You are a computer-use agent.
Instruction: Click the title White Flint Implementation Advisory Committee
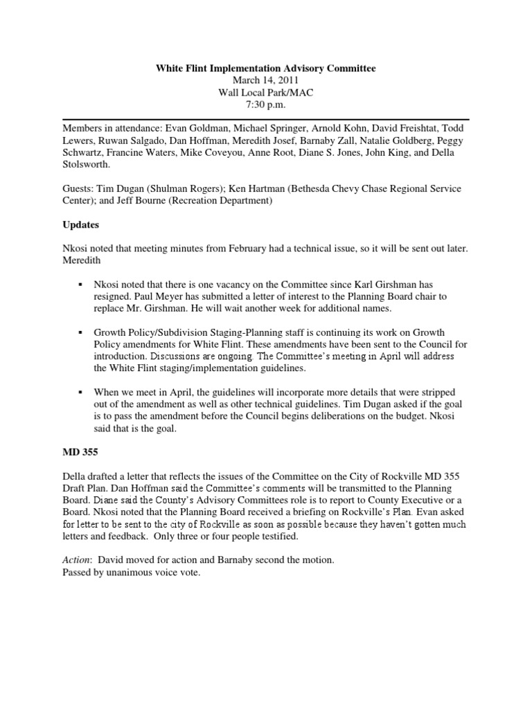pyautogui.click(x=265, y=69)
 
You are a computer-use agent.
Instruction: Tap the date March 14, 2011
pyautogui.click(x=265, y=81)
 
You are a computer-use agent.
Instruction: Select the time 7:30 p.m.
pyautogui.click(x=265, y=105)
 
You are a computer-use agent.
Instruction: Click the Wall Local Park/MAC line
pyautogui.click(x=265, y=93)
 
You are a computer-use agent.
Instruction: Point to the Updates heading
pyautogui.click(x=82, y=225)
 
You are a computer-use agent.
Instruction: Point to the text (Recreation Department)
pyautogui.click(x=220, y=201)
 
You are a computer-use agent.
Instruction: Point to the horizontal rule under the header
pyautogui.click(x=265, y=119)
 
